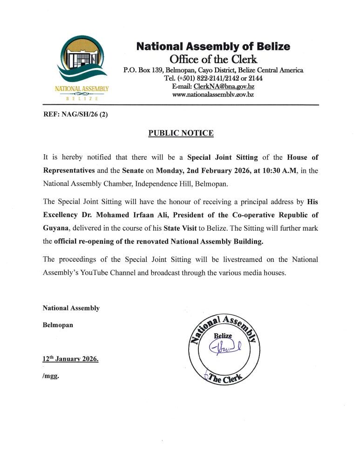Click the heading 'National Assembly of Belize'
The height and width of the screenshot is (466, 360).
click(x=213, y=47)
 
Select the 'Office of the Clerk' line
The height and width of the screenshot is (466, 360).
click(x=213, y=59)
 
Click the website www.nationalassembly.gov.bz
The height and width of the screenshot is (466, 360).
click(x=213, y=95)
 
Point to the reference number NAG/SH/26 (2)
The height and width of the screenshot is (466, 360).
click(x=85, y=115)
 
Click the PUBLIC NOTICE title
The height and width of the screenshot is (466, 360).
click(x=181, y=133)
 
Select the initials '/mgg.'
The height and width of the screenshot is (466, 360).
click(x=51, y=376)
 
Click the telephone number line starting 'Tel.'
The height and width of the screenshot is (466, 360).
click(x=213, y=78)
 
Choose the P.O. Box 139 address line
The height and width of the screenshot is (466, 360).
click(x=213, y=70)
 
